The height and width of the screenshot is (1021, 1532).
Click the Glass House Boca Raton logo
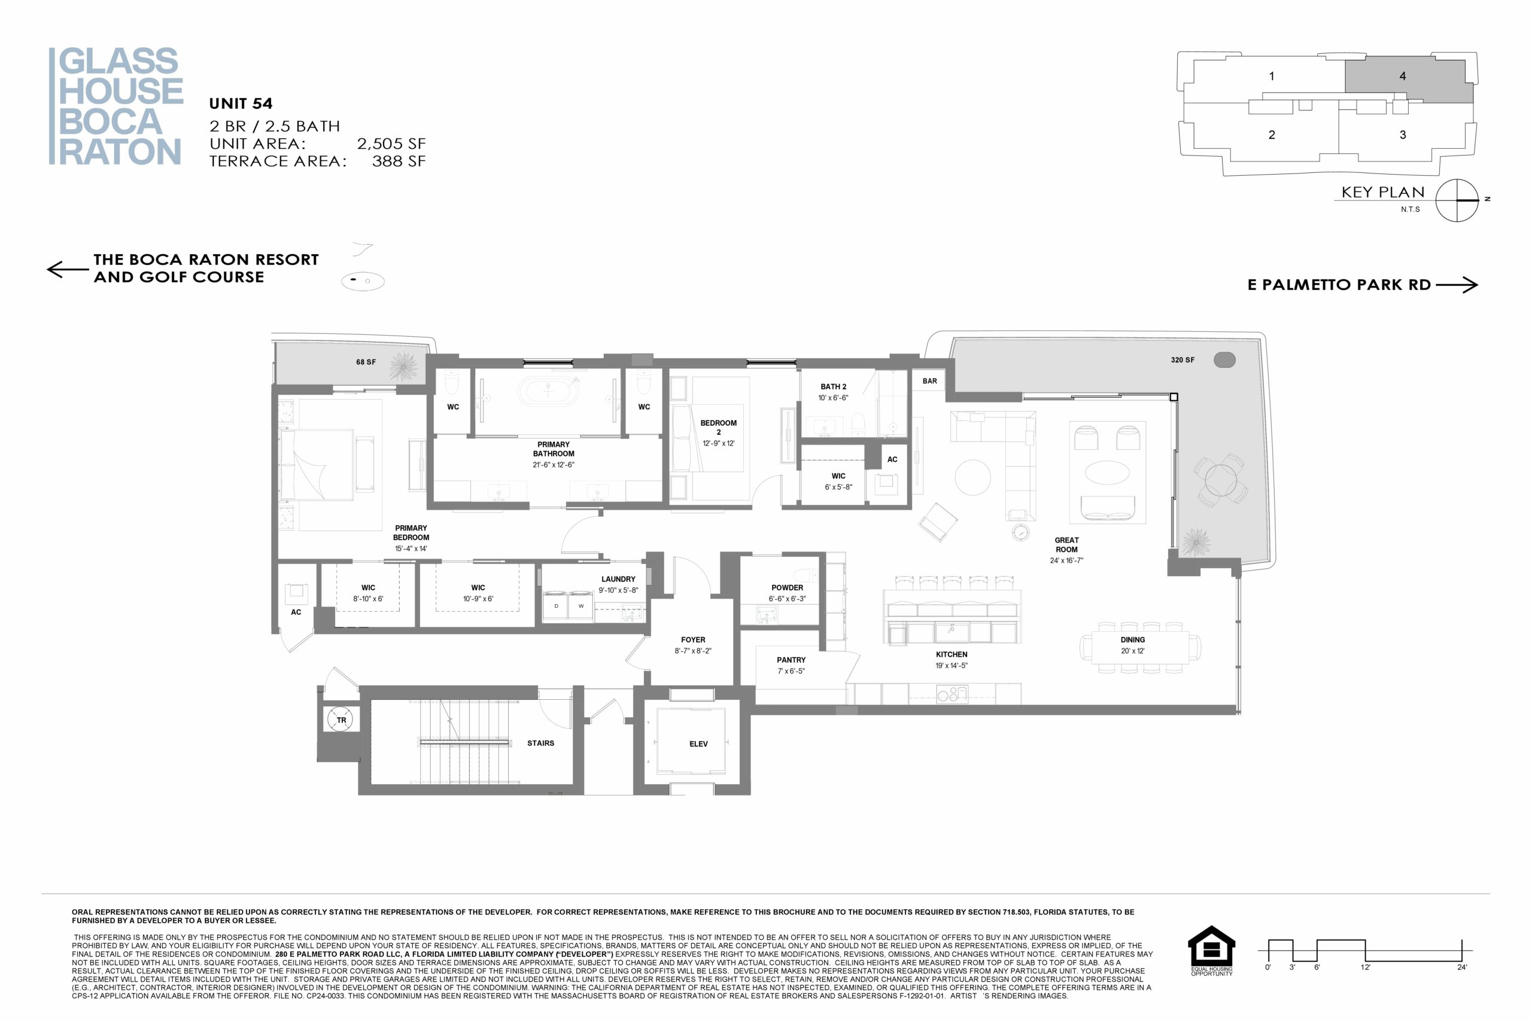tap(116, 106)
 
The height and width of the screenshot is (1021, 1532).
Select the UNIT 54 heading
tap(241, 103)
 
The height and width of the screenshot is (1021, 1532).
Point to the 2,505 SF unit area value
tap(391, 144)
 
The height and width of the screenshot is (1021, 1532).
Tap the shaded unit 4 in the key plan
tap(1409, 79)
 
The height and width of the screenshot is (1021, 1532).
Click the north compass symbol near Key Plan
tap(1458, 200)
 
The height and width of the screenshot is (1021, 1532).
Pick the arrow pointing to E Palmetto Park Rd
tap(1457, 285)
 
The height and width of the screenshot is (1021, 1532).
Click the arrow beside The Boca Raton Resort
tap(68, 269)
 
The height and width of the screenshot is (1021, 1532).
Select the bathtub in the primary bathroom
tap(548, 391)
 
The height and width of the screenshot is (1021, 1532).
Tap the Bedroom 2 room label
tap(719, 427)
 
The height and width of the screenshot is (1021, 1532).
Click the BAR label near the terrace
tap(929, 381)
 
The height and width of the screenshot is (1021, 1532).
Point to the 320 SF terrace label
tap(1183, 360)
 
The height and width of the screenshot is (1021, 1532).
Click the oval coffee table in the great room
tap(1107, 473)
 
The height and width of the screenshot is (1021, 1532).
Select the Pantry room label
tap(791, 660)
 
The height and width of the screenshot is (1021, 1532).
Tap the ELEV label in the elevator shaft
tap(698, 743)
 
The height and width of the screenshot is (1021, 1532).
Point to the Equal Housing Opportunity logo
tap(1211, 950)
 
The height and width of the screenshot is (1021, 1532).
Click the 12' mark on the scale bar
tap(1365, 968)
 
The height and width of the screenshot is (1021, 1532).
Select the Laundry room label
tap(618, 579)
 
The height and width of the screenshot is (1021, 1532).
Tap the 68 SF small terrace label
tap(366, 362)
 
